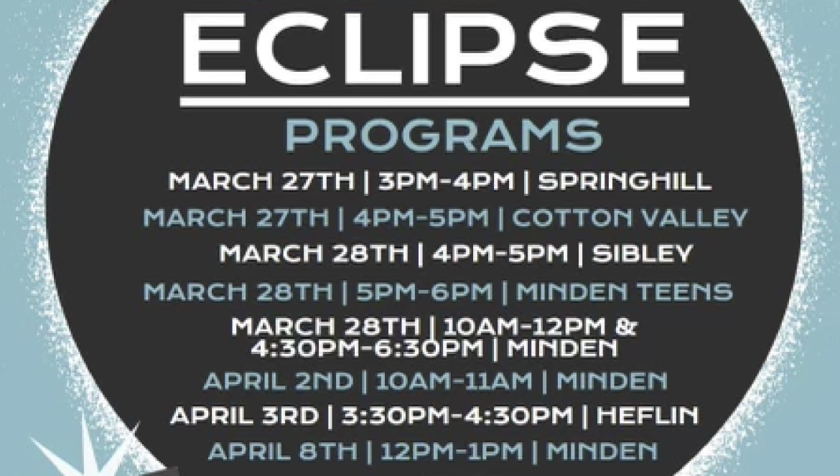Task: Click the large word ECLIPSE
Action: click(x=434, y=48)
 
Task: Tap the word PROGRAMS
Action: click(x=444, y=136)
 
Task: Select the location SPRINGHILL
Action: click(x=625, y=182)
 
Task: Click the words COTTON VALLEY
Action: click(x=630, y=218)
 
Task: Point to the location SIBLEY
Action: click(x=643, y=253)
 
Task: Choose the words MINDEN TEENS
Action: click(x=624, y=291)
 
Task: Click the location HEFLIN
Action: click(x=648, y=416)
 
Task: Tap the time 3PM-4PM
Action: click(x=447, y=182)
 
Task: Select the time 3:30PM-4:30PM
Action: click(x=457, y=416)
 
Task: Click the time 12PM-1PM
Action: click(x=452, y=452)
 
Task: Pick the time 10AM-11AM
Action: click(x=454, y=381)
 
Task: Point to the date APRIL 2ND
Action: click(x=278, y=381)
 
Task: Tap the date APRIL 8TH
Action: click(x=282, y=452)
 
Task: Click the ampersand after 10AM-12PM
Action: click(x=626, y=327)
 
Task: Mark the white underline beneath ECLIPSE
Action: click(x=434, y=102)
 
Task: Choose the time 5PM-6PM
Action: click(x=424, y=291)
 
